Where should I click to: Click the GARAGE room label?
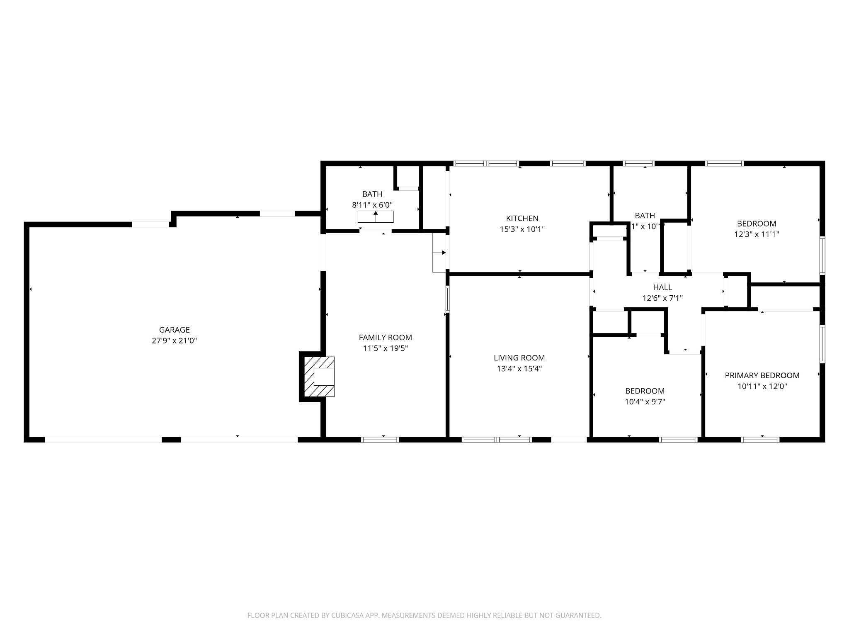pos(174,330)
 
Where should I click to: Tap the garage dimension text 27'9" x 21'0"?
pos(174,341)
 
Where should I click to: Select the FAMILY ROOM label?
pos(385,338)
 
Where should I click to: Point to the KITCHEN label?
pos(522,218)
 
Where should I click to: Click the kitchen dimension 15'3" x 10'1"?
pos(522,229)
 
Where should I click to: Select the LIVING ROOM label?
pos(519,358)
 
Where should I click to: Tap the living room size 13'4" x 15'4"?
pos(519,369)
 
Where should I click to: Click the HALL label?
pos(662,287)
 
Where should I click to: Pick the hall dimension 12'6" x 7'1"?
pos(662,298)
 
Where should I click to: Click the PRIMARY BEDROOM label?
pos(762,376)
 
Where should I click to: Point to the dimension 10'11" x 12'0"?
pos(762,387)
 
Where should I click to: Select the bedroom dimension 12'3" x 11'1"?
pos(757,234)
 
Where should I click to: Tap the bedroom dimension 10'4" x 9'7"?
pos(645,402)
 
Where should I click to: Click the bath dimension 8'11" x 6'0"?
pos(372,205)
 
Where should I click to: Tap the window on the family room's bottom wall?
pos(380,440)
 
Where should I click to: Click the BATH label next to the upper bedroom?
pos(645,216)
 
